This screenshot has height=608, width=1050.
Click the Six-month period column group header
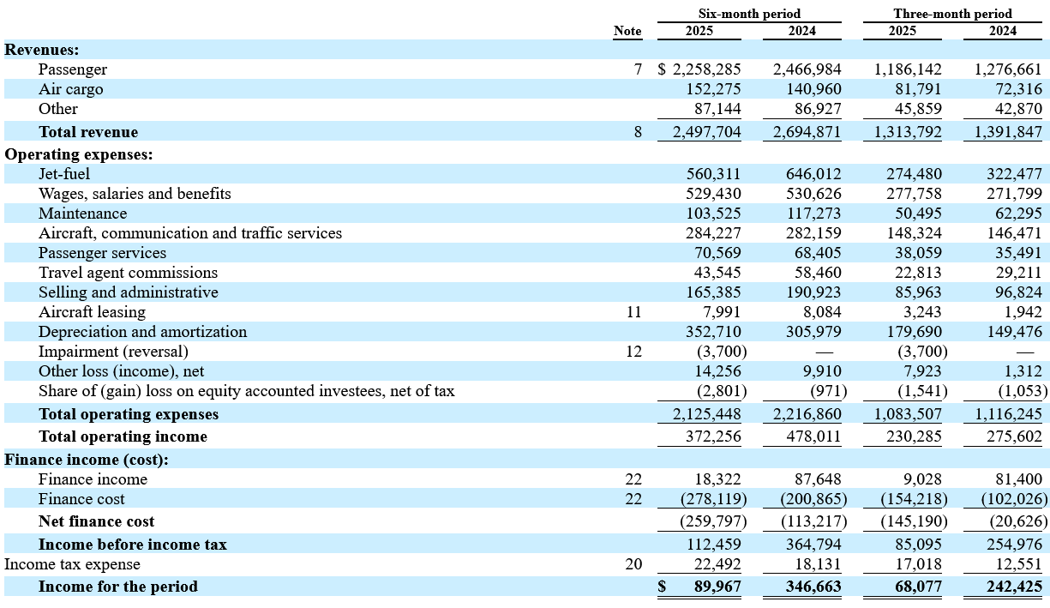click(749, 14)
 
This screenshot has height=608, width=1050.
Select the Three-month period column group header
click(952, 14)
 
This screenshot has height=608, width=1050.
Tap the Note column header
click(627, 31)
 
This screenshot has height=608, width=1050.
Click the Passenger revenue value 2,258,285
click(707, 69)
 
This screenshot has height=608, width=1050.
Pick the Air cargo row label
click(71, 89)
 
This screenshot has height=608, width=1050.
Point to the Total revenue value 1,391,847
click(1008, 132)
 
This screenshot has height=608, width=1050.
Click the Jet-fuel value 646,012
click(813, 174)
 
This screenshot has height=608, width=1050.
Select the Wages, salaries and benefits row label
click(135, 194)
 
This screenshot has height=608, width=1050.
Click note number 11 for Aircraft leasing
click(633, 312)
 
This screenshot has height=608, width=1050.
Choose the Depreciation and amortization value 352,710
click(713, 332)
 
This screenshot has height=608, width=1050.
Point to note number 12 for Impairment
click(633, 352)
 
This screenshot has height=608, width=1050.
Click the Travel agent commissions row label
click(128, 273)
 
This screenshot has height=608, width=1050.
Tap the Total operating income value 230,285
click(914, 436)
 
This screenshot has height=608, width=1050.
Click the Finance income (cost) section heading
click(87, 460)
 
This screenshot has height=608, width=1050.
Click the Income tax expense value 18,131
click(818, 564)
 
